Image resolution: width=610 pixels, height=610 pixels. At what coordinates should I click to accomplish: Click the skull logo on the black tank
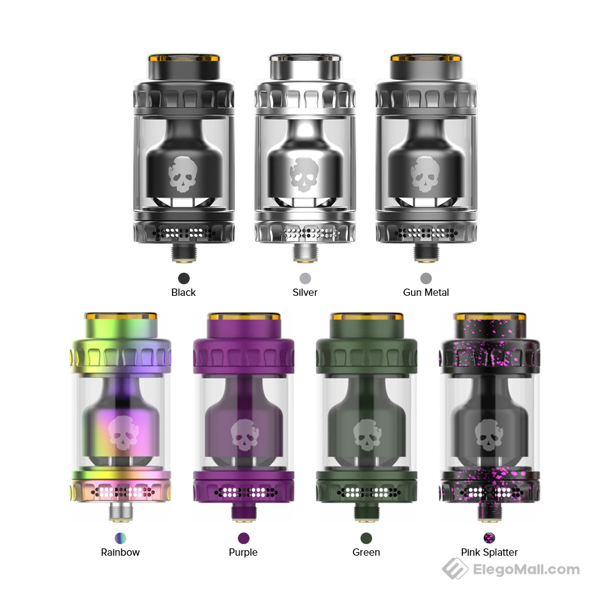point(184,174)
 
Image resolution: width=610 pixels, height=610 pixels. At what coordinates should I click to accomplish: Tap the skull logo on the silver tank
point(304,174)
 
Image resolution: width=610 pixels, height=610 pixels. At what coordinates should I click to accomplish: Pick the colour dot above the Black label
point(184,278)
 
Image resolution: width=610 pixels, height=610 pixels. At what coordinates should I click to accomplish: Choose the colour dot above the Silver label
point(305,278)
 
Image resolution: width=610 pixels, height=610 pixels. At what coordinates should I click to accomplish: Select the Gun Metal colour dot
point(426,278)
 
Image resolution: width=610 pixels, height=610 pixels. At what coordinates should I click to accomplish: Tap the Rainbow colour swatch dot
point(121,538)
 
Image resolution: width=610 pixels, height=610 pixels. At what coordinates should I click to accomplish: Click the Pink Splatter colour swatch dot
point(489,538)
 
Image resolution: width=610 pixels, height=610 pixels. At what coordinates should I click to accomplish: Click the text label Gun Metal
point(426,292)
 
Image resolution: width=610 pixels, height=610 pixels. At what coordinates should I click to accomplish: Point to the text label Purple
point(243,552)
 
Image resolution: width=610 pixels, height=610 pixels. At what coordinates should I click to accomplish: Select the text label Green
point(366,552)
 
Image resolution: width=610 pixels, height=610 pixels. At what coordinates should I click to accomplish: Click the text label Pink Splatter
point(489,552)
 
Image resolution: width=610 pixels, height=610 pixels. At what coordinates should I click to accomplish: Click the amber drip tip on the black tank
point(184,65)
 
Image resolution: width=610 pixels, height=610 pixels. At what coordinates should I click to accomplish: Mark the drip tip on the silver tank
point(304,65)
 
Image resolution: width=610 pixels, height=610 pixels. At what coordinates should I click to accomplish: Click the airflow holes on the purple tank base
point(244,491)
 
